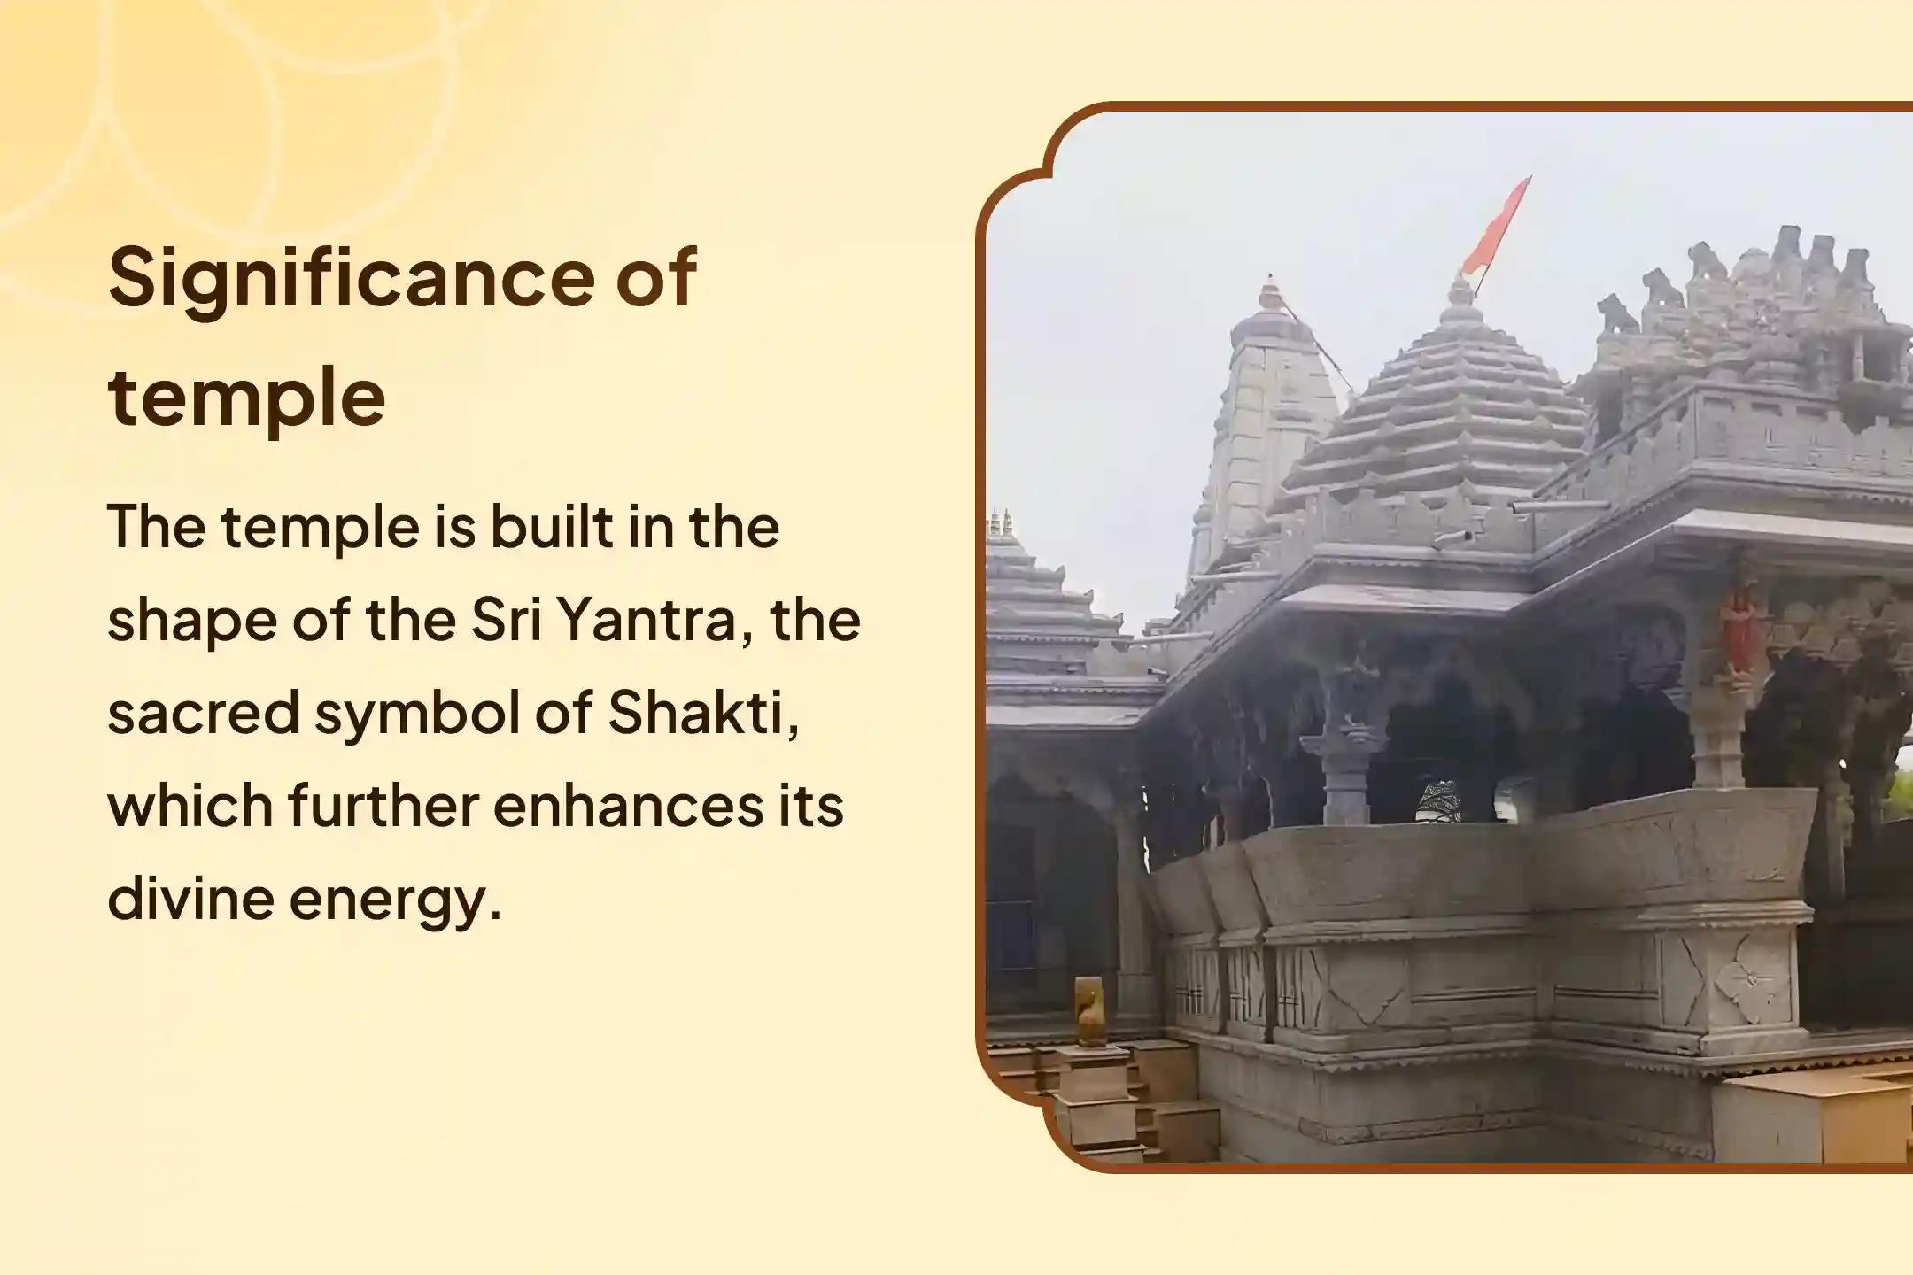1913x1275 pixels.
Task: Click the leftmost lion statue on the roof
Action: coord(1617,313)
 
